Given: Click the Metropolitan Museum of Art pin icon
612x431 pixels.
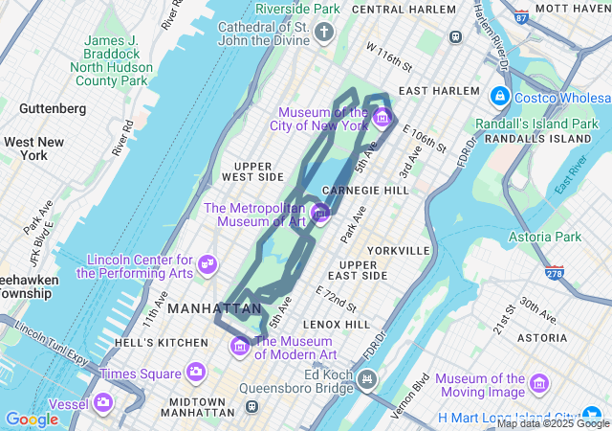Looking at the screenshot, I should click(320, 212).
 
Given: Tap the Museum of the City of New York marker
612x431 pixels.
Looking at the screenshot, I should click(382, 118).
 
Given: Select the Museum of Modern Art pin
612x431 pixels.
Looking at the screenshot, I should click(240, 344).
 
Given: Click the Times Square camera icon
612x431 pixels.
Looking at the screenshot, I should click(196, 372).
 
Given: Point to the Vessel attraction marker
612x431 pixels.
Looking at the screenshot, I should click(102, 402).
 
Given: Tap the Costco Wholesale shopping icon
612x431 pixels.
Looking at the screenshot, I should click(498, 97).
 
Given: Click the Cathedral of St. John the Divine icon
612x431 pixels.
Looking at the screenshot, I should click(324, 34).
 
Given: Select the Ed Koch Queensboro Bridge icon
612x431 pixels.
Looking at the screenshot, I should click(365, 381).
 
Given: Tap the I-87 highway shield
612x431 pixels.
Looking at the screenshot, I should click(520, 16).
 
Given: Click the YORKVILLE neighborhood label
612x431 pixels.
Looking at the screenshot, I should click(398, 250).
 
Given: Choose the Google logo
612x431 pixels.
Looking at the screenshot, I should click(32, 419).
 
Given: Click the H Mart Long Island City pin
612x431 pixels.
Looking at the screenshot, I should click(598, 417).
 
